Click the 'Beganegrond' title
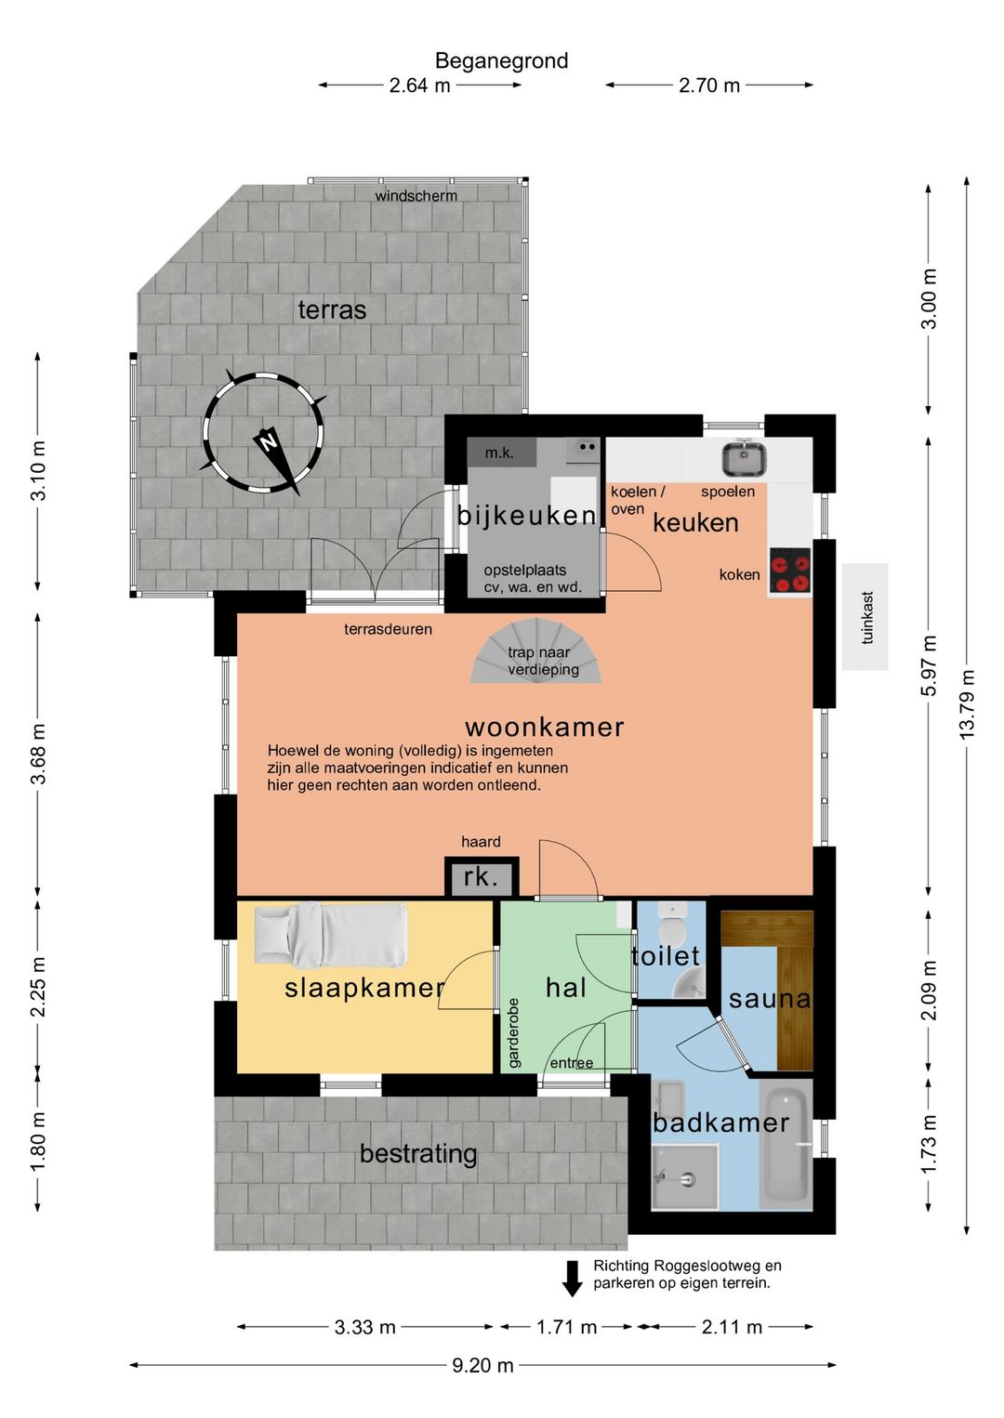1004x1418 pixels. pos(501,60)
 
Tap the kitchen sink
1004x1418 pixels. pos(745,458)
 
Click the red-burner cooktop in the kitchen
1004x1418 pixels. pos(790,570)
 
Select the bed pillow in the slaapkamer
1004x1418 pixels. pos(273,929)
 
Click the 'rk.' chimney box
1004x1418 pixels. pos(482,877)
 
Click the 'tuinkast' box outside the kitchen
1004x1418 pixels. pos(865,616)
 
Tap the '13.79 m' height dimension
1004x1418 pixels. pos(967,703)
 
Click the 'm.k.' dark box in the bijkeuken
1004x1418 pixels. pos(502,452)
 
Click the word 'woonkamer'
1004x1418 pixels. pos(544,727)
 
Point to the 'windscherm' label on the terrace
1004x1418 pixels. pos(416,196)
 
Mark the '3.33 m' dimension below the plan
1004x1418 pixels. pos(364,1327)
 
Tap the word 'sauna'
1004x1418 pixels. pos(770,999)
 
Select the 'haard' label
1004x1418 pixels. pos(481,841)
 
